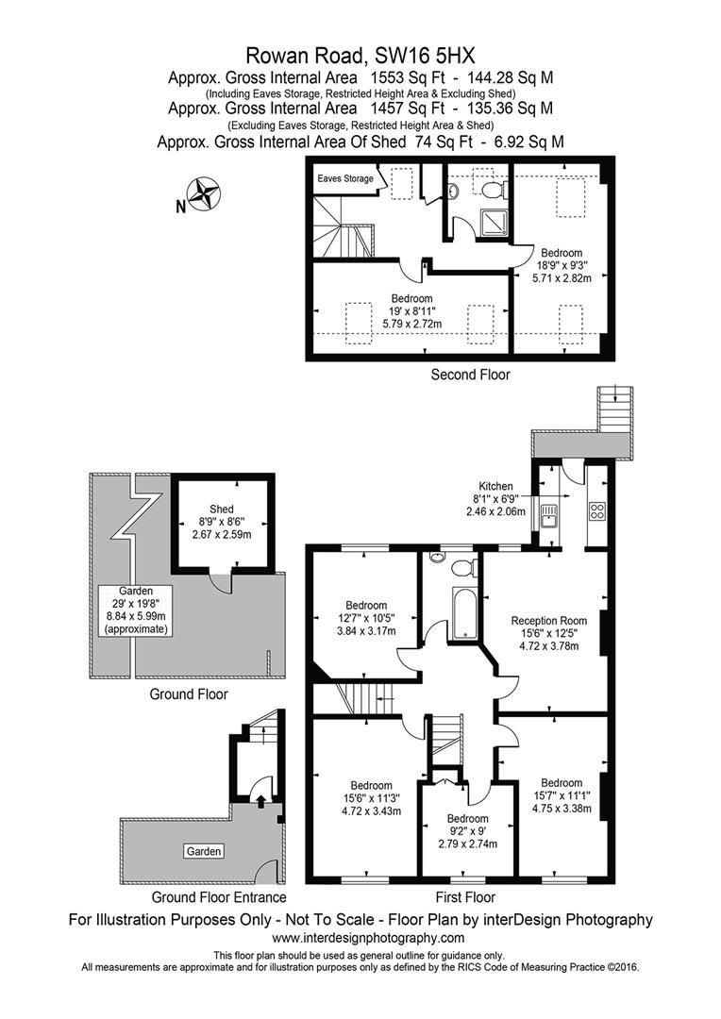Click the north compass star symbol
pyautogui.click(x=205, y=193)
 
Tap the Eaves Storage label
pyautogui.click(x=345, y=178)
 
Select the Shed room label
pyautogui.click(x=222, y=509)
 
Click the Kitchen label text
pyautogui.click(x=495, y=486)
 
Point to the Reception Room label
pyautogui.click(x=548, y=621)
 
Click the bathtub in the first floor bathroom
pyautogui.click(x=464, y=610)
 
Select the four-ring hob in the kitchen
pyautogui.click(x=596, y=510)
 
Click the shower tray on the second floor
pyautogui.click(x=493, y=222)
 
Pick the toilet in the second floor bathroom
pyautogui.click(x=496, y=190)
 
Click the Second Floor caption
pyautogui.click(x=470, y=375)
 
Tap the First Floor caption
pyautogui.click(x=465, y=897)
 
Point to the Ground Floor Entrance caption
pyautogui.click(x=218, y=897)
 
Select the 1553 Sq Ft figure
pyautogui.click(x=408, y=78)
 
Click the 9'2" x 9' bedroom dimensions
pyautogui.click(x=467, y=831)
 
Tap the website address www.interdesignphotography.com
pyautogui.click(x=368, y=938)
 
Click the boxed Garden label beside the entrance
pyautogui.click(x=204, y=851)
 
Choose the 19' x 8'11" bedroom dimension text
pyautogui.click(x=411, y=311)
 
